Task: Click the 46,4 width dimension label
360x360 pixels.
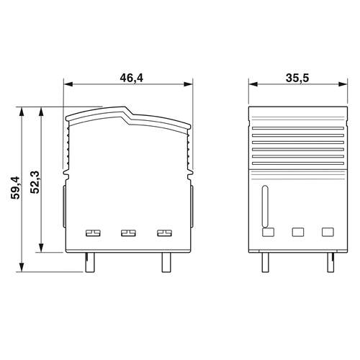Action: pos(131,78)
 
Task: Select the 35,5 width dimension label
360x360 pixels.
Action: pos(297,78)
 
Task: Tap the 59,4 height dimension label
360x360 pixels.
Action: pos(16,188)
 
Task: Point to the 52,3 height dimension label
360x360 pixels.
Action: pos(35,182)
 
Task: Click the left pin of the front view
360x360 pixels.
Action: pos(90,262)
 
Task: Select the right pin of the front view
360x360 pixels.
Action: pos(166,262)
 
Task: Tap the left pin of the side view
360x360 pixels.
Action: pos(266,262)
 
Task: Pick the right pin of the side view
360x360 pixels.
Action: pos(330,262)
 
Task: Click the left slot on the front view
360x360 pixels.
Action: pos(93,233)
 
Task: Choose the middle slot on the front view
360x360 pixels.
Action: pos(128,233)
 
